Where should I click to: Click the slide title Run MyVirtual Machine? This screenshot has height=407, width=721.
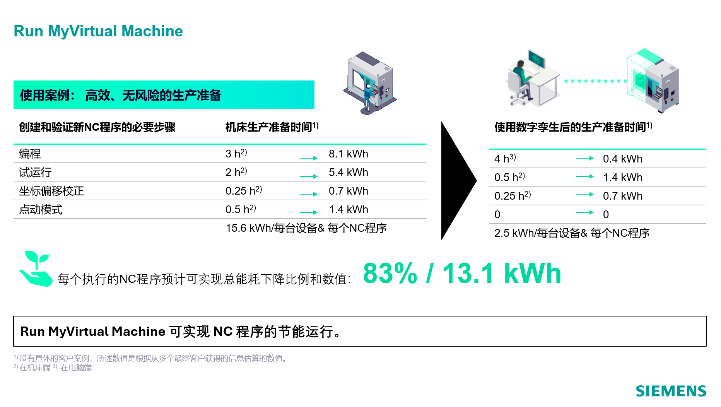[98, 31]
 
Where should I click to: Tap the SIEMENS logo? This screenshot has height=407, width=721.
[671, 391]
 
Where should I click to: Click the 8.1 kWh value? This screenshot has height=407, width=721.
[349, 154]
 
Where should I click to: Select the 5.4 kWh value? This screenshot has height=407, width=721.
[349, 173]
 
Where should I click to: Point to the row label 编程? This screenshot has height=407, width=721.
[30, 154]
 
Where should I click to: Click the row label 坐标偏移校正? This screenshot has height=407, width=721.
[51, 191]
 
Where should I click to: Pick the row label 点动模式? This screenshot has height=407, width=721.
[41, 210]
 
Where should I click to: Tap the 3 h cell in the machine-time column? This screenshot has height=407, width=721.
[236, 154]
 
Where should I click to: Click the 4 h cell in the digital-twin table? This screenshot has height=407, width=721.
[505, 158]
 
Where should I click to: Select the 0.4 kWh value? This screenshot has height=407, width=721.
[623, 159]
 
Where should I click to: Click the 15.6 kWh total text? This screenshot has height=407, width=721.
[306, 228]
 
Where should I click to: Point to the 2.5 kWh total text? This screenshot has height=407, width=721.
[572, 233]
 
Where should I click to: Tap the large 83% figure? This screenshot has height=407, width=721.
[390, 273]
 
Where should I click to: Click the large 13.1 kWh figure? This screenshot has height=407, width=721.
[502, 273]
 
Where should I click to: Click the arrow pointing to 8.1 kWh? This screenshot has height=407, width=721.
[309, 158]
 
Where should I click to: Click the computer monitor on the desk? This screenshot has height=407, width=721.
[537, 59]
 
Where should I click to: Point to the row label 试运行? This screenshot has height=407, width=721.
[35, 173]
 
